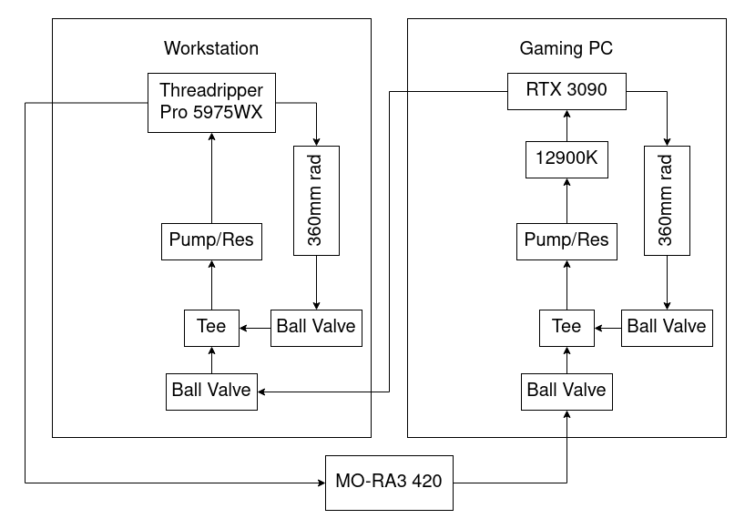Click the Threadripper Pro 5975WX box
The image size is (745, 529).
pos(211,103)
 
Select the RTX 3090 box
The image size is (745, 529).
pos(566,90)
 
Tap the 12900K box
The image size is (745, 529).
pos(566,158)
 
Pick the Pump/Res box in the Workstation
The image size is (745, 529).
pos(211,240)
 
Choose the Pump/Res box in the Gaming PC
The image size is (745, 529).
pos(566,240)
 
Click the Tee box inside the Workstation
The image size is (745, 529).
pos(211,327)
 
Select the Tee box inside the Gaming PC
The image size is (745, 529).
pos(566,327)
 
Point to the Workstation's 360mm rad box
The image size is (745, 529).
pos(316,199)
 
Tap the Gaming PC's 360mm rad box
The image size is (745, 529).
pos(667,199)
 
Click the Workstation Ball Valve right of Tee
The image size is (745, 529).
pos(316,327)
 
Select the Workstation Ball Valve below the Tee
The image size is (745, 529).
pos(211,391)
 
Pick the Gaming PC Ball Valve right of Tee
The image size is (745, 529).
pos(667,327)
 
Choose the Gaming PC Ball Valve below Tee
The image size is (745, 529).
pos(566,391)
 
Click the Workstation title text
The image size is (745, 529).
pos(211,48)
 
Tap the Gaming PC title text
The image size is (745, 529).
pos(566,48)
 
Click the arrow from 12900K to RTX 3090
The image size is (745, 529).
pos(566,125)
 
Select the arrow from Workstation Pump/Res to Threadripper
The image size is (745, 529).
pos(211,177)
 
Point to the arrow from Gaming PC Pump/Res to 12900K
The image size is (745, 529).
pos(566,199)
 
